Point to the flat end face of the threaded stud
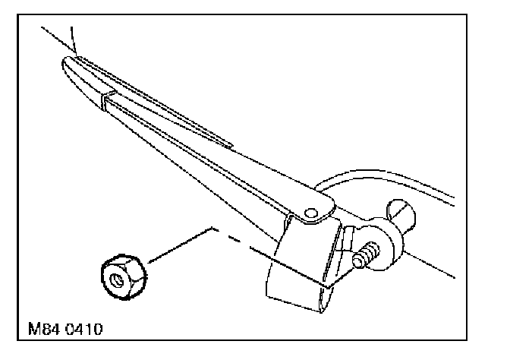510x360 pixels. tap(356, 261)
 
